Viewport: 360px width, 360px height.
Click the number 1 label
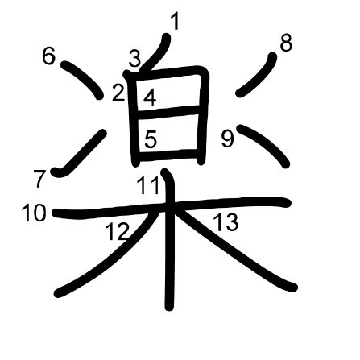tap(175, 22)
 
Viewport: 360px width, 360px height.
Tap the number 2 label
tap(118, 93)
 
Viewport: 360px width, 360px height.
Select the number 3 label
tap(134, 60)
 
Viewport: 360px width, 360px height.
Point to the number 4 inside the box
tap(150, 98)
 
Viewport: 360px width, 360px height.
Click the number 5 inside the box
tap(151, 139)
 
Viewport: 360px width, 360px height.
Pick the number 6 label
tap(49, 56)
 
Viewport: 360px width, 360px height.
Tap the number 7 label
tap(39, 179)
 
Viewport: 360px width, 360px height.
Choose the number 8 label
tap(286, 43)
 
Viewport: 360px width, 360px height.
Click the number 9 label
tap(228, 139)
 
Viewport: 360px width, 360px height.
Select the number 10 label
tap(34, 213)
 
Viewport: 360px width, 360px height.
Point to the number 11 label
tap(148, 186)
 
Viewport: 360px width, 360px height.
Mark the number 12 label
tap(118, 231)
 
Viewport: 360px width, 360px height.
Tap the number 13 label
tap(226, 222)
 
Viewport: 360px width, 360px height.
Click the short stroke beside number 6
tap(82, 79)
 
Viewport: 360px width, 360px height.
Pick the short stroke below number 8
tap(257, 75)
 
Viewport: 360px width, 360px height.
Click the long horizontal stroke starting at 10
tap(172, 207)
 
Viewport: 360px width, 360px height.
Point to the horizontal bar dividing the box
tap(168, 111)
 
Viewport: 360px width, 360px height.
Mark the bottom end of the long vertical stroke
tap(169, 308)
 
